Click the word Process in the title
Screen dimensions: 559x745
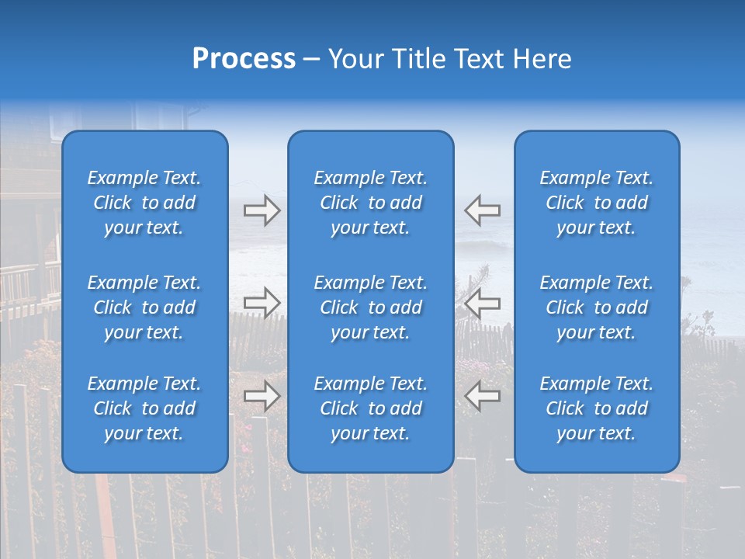point(244,59)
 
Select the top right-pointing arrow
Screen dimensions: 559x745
point(262,210)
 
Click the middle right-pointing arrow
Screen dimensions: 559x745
point(262,303)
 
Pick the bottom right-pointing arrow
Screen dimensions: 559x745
point(262,396)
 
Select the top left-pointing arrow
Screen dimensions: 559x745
point(482,210)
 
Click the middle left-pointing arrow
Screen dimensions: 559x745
point(482,303)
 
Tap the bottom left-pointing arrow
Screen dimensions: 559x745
point(482,396)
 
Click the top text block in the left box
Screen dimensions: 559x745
point(144,203)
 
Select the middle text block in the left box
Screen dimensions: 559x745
point(144,307)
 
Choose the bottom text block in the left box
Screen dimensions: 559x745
point(144,408)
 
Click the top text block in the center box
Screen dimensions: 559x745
point(370,203)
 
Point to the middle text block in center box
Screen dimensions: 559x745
point(370,307)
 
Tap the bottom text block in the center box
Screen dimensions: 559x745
point(370,408)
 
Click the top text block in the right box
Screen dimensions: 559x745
point(596,203)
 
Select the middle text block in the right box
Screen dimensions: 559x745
point(596,307)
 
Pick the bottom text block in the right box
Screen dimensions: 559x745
point(596,408)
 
